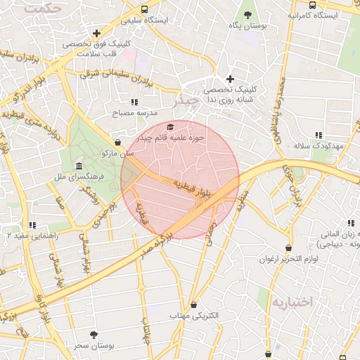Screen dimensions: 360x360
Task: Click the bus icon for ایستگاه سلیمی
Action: [x=144, y=10]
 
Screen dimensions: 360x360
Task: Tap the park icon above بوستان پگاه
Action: [x=247, y=14]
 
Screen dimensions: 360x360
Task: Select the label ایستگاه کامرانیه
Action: [x=314, y=15]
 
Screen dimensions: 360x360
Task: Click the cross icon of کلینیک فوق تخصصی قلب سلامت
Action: [x=96, y=33]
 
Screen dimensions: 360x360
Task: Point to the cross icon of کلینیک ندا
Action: [x=229, y=79]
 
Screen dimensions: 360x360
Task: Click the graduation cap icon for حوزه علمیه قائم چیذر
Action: [x=170, y=127]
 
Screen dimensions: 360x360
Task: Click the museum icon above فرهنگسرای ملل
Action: [x=77, y=165]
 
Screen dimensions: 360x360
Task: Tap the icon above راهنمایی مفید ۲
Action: [x=32, y=226]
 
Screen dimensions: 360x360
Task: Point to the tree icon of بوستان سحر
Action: [x=94, y=335]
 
